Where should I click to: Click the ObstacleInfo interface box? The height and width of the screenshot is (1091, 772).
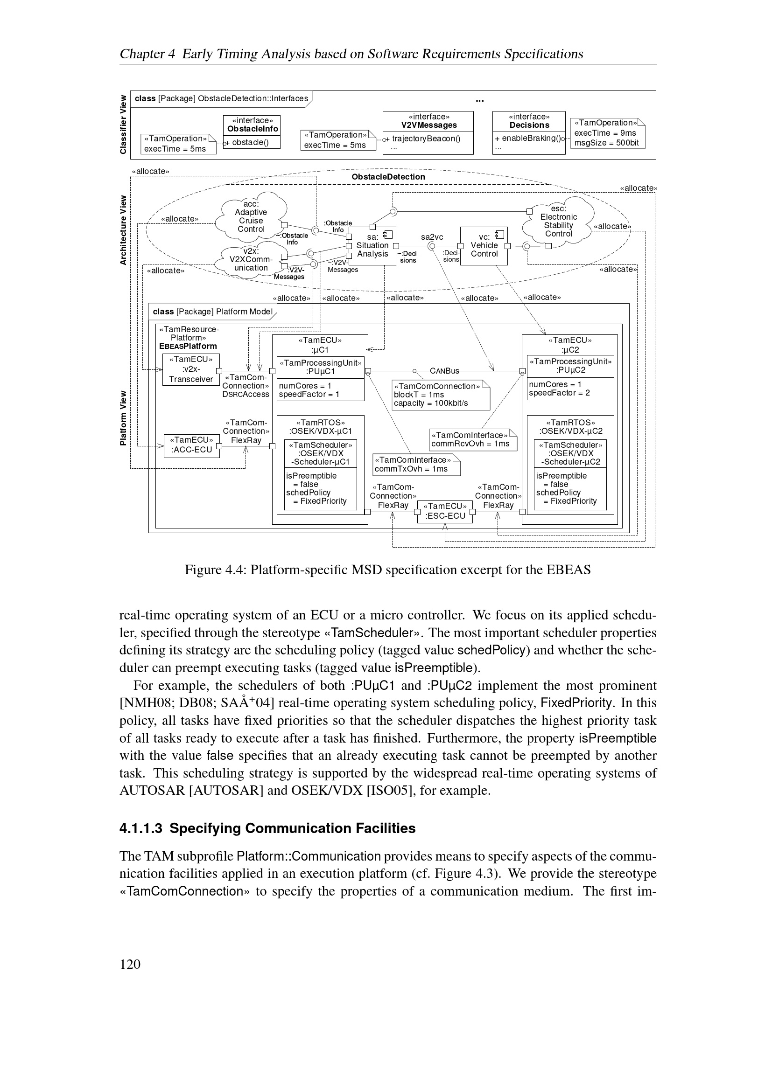click(252, 132)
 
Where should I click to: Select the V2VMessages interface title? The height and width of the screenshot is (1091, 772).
click(429, 125)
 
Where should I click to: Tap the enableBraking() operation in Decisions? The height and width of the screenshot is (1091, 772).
click(527, 138)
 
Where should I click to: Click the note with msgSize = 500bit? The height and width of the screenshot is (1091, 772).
click(607, 133)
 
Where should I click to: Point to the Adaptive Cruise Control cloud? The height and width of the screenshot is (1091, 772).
click(251, 217)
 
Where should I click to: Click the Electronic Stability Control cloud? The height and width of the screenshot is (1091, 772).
click(558, 222)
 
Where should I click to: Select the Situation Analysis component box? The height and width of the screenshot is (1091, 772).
click(372, 246)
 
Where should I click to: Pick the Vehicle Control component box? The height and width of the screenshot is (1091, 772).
click(484, 246)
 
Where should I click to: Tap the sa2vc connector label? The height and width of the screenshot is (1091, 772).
click(432, 236)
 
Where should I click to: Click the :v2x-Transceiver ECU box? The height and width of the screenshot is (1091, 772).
click(190, 369)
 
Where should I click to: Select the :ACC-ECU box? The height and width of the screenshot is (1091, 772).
click(191, 445)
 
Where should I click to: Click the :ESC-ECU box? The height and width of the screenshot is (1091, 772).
click(445, 511)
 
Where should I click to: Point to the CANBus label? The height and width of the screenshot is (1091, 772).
click(444, 371)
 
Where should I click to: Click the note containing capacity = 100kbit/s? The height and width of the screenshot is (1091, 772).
click(440, 395)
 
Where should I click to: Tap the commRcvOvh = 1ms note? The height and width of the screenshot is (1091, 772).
click(472, 439)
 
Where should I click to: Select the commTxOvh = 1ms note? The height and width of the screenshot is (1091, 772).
click(416, 464)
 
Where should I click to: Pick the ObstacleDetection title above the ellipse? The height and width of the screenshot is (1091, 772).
click(388, 177)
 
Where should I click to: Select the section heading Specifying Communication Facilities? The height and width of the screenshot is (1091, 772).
click(267, 829)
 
